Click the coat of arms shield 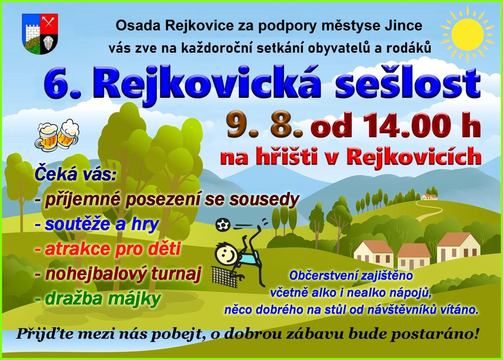tap(40, 34)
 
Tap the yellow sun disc tap(468, 34)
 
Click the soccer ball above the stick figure tap(223, 224)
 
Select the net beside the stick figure tap(224, 277)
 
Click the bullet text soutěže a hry tap(97, 224)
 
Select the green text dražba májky tap(98, 299)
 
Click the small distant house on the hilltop tap(430, 197)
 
